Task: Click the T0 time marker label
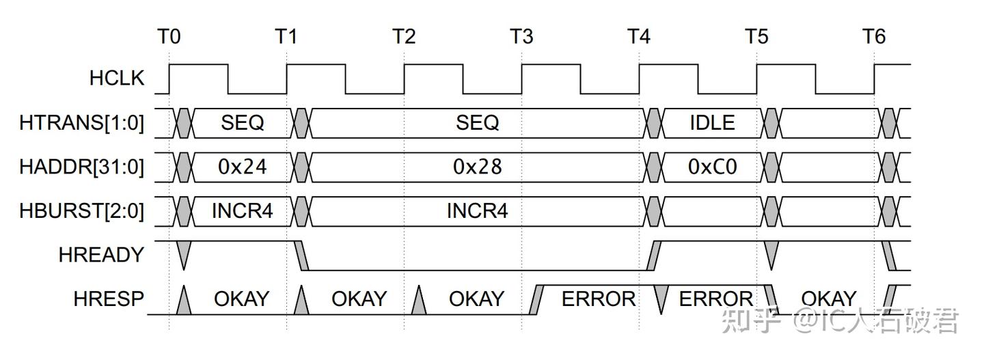pyautogui.click(x=169, y=36)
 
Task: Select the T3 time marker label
pyautogui.click(x=521, y=36)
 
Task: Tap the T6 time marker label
pyautogui.click(x=873, y=36)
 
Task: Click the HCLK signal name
pyautogui.click(x=117, y=79)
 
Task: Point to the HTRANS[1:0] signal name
pyautogui.click(x=82, y=123)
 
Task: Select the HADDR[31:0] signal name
pyautogui.click(x=82, y=167)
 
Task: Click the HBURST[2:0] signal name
pyautogui.click(x=82, y=211)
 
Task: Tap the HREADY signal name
pyautogui.click(x=101, y=255)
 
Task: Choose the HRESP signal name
pyautogui.click(x=109, y=299)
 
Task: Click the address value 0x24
pyautogui.click(x=243, y=167)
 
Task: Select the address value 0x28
pyautogui.click(x=478, y=167)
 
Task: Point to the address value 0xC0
pyautogui.click(x=713, y=167)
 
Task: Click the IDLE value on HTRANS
pyautogui.click(x=713, y=123)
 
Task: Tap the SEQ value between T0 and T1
pyautogui.click(x=243, y=123)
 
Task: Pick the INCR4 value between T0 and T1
pyautogui.click(x=243, y=211)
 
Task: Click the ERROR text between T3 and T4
pyautogui.click(x=599, y=299)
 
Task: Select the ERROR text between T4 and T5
pyautogui.click(x=716, y=299)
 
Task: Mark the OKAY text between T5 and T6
pyautogui.click(x=828, y=299)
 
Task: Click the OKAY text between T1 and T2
pyautogui.click(x=359, y=299)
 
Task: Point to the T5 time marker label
pyautogui.click(x=756, y=36)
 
